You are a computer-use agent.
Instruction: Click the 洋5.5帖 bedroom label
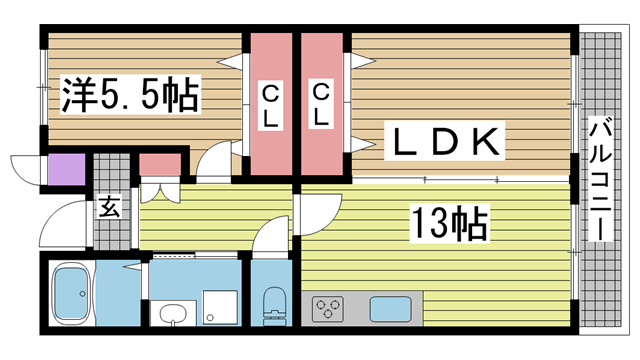[x=130, y=95]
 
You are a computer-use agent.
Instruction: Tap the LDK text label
[x=445, y=141]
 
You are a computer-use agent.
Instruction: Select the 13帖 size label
[x=450, y=222]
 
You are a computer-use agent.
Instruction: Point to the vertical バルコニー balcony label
[x=600, y=179]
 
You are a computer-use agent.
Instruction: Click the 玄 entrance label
[x=110, y=207]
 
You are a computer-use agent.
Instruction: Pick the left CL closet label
[x=270, y=105]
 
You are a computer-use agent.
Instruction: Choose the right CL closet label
[x=321, y=104]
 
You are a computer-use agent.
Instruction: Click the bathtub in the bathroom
[x=72, y=293]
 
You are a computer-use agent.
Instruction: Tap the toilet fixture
[x=274, y=306]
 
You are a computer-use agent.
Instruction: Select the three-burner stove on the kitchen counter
[x=327, y=309]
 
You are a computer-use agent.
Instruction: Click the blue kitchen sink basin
[x=390, y=309]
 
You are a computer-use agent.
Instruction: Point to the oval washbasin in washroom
[x=173, y=314]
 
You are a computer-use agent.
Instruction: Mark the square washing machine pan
[x=220, y=307]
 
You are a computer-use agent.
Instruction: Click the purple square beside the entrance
[x=67, y=169]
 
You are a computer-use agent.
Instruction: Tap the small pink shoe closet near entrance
[x=160, y=164]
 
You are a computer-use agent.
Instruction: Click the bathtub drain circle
[x=83, y=293]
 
